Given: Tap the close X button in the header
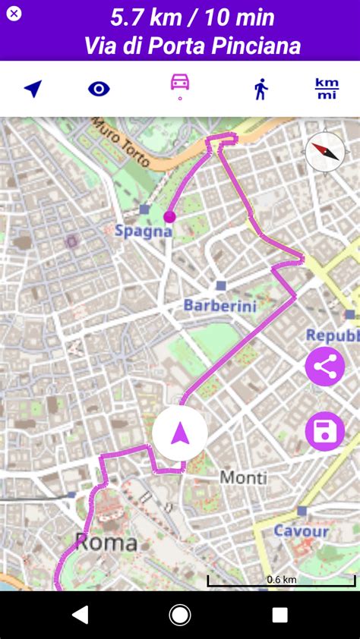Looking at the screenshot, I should (14, 14).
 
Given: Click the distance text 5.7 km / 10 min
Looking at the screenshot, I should (192, 17).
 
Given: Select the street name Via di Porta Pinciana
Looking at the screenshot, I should (192, 46).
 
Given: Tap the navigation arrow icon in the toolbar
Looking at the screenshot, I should (33, 89).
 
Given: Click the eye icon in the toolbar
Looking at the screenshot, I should (99, 89).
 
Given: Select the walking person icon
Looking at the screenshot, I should (261, 89).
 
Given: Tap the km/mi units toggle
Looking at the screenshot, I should (327, 89).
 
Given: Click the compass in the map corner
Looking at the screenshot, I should (325, 152).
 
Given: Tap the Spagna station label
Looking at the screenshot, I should (144, 231).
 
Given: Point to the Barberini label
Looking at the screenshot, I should (220, 306).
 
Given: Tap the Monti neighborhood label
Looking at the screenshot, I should (243, 477).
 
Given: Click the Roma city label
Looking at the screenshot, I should (106, 542).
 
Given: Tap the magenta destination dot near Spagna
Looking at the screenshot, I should (169, 216).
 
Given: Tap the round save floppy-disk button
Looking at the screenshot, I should (325, 432).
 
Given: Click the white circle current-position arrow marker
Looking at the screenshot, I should (180, 433).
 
